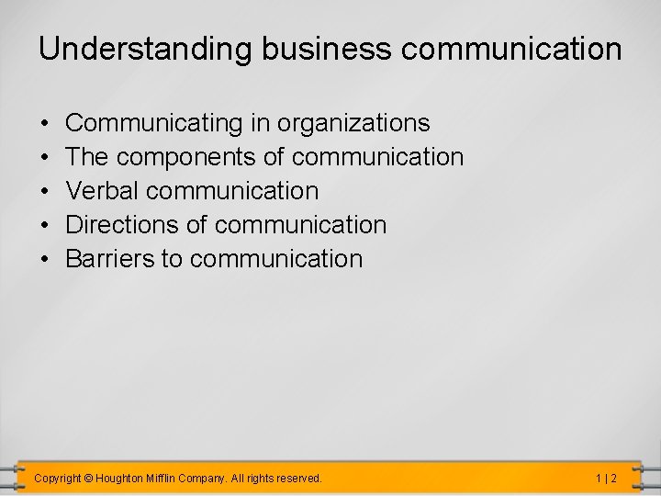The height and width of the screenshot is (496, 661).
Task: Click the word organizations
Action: tap(353, 123)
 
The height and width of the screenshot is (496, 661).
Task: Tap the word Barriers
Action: tap(110, 259)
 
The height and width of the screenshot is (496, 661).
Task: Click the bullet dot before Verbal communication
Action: tap(44, 191)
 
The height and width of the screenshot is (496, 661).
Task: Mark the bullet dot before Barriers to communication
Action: tap(44, 259)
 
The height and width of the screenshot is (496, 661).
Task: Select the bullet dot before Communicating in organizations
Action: tap(44, 123)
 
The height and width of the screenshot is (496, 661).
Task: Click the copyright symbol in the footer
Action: tap(89, 479)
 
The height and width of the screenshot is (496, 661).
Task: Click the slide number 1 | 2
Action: tap(605, 479)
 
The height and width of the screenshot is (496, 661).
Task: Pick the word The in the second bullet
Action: tap(87, 157)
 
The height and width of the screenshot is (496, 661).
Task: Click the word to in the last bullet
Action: tap(172, 259)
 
